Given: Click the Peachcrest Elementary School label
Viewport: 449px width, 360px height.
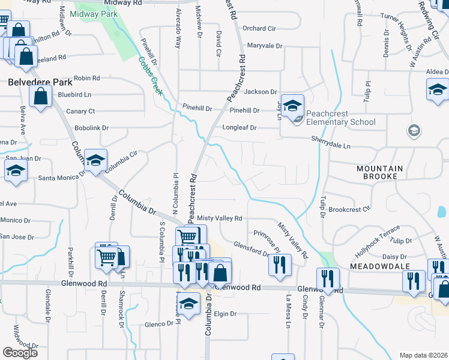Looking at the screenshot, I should [340, 118].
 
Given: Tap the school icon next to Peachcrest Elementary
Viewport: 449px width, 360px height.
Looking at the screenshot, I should [292, 106].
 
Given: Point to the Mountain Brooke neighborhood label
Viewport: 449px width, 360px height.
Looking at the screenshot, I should [385, 173].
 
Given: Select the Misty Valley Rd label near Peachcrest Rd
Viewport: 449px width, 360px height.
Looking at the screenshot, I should [220, 219].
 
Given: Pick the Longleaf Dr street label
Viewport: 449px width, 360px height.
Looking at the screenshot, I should [240, 128].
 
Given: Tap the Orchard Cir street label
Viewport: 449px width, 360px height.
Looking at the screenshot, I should [259, 28].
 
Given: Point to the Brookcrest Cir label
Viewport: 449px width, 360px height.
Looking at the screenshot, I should [349, 210].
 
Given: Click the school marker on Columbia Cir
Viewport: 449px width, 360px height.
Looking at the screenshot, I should [95, 161].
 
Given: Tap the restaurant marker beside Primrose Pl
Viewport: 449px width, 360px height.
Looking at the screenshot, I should [279, 266].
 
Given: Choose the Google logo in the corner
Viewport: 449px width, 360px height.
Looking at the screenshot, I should [20, 353].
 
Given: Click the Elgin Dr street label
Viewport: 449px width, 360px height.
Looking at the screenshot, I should [226, 314].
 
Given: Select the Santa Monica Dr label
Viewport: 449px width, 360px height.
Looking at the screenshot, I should [61, 178].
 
